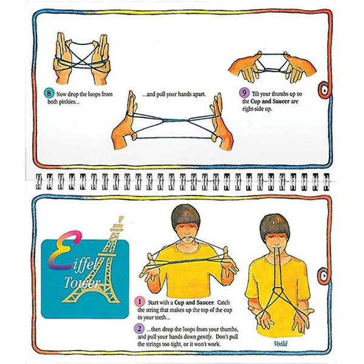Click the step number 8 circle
[49, 94]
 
